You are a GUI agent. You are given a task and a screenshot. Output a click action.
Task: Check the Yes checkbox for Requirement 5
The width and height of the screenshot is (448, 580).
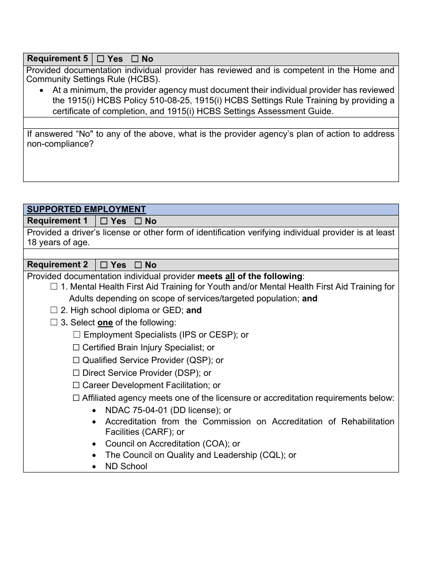[100, 59]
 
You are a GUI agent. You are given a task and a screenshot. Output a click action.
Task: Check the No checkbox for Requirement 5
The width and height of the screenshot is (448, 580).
[135, 59]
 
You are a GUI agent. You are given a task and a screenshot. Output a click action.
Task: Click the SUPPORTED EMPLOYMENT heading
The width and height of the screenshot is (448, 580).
[86, 209]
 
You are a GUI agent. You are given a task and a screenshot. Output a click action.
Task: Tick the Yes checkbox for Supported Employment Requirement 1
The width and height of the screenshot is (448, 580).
[104, 221]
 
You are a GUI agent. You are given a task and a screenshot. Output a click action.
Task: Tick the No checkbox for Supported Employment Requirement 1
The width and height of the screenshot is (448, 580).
[138, 221]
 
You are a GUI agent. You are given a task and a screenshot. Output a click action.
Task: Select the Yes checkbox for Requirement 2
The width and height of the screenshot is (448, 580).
[104, 265]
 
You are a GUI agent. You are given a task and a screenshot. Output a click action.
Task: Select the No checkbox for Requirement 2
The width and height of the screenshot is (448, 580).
[138, 265]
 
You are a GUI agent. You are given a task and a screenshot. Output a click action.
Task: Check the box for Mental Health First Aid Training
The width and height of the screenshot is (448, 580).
[54, 287]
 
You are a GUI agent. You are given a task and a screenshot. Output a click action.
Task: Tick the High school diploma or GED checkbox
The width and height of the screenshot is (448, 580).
[54, 310]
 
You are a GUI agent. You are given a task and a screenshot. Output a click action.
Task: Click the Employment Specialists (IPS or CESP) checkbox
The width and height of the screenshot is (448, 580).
[77, 335]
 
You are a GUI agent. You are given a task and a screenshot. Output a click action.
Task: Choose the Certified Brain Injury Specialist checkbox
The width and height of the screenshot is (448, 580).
[76, 348]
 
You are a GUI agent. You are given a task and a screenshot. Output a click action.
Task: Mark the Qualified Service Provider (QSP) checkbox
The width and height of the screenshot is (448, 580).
[76, 360]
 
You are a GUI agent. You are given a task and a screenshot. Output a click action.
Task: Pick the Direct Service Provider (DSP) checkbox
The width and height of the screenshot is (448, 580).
[76, 373]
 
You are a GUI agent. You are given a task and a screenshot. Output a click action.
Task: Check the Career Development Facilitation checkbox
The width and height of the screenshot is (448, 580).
[76, 386]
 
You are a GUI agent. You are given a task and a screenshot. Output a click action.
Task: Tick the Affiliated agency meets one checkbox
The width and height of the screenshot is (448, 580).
[76, 398]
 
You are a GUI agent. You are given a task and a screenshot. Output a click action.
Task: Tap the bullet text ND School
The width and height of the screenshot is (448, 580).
[126, 466]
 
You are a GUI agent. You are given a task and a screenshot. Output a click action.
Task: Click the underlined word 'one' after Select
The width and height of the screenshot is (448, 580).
[105, 323]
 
